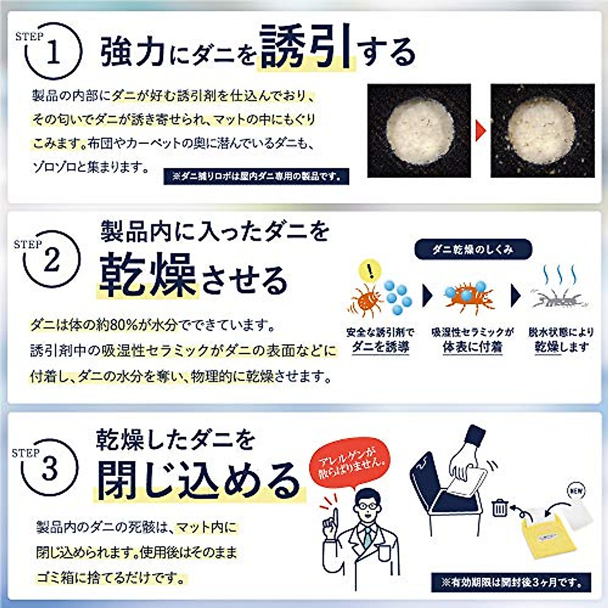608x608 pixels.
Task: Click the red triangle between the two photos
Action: coord(481,131)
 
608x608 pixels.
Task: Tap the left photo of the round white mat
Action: coord(419,130)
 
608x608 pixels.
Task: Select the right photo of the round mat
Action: coord(543,130)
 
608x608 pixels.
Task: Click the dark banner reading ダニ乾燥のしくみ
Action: coord(473,249)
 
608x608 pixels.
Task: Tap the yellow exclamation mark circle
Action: coord(372,271)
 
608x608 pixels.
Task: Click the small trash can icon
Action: coord(500,507)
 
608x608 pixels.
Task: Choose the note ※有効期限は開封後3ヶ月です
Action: coord(511,582)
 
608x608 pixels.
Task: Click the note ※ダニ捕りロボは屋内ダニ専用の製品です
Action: coord(256,176)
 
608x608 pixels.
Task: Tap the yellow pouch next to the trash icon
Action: coord(544,535)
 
